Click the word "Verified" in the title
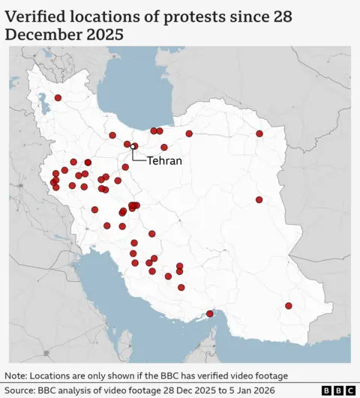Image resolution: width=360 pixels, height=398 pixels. (35, 16)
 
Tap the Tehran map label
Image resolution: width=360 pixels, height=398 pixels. (163, 160)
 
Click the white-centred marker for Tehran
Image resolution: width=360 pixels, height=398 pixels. (134, 146)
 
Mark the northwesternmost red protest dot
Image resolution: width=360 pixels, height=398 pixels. (58, 97)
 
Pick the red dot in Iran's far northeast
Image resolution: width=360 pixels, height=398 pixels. (259, 133)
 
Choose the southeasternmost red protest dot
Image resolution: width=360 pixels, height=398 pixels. (289, 305)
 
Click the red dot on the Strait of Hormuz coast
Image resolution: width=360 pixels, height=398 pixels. (210, 313)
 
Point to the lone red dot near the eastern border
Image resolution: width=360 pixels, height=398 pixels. (259, 199)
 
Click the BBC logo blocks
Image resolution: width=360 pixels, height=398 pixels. (338, 391)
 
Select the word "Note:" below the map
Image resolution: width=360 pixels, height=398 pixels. (17, 376)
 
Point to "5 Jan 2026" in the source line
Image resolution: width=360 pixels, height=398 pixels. (248, 391)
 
